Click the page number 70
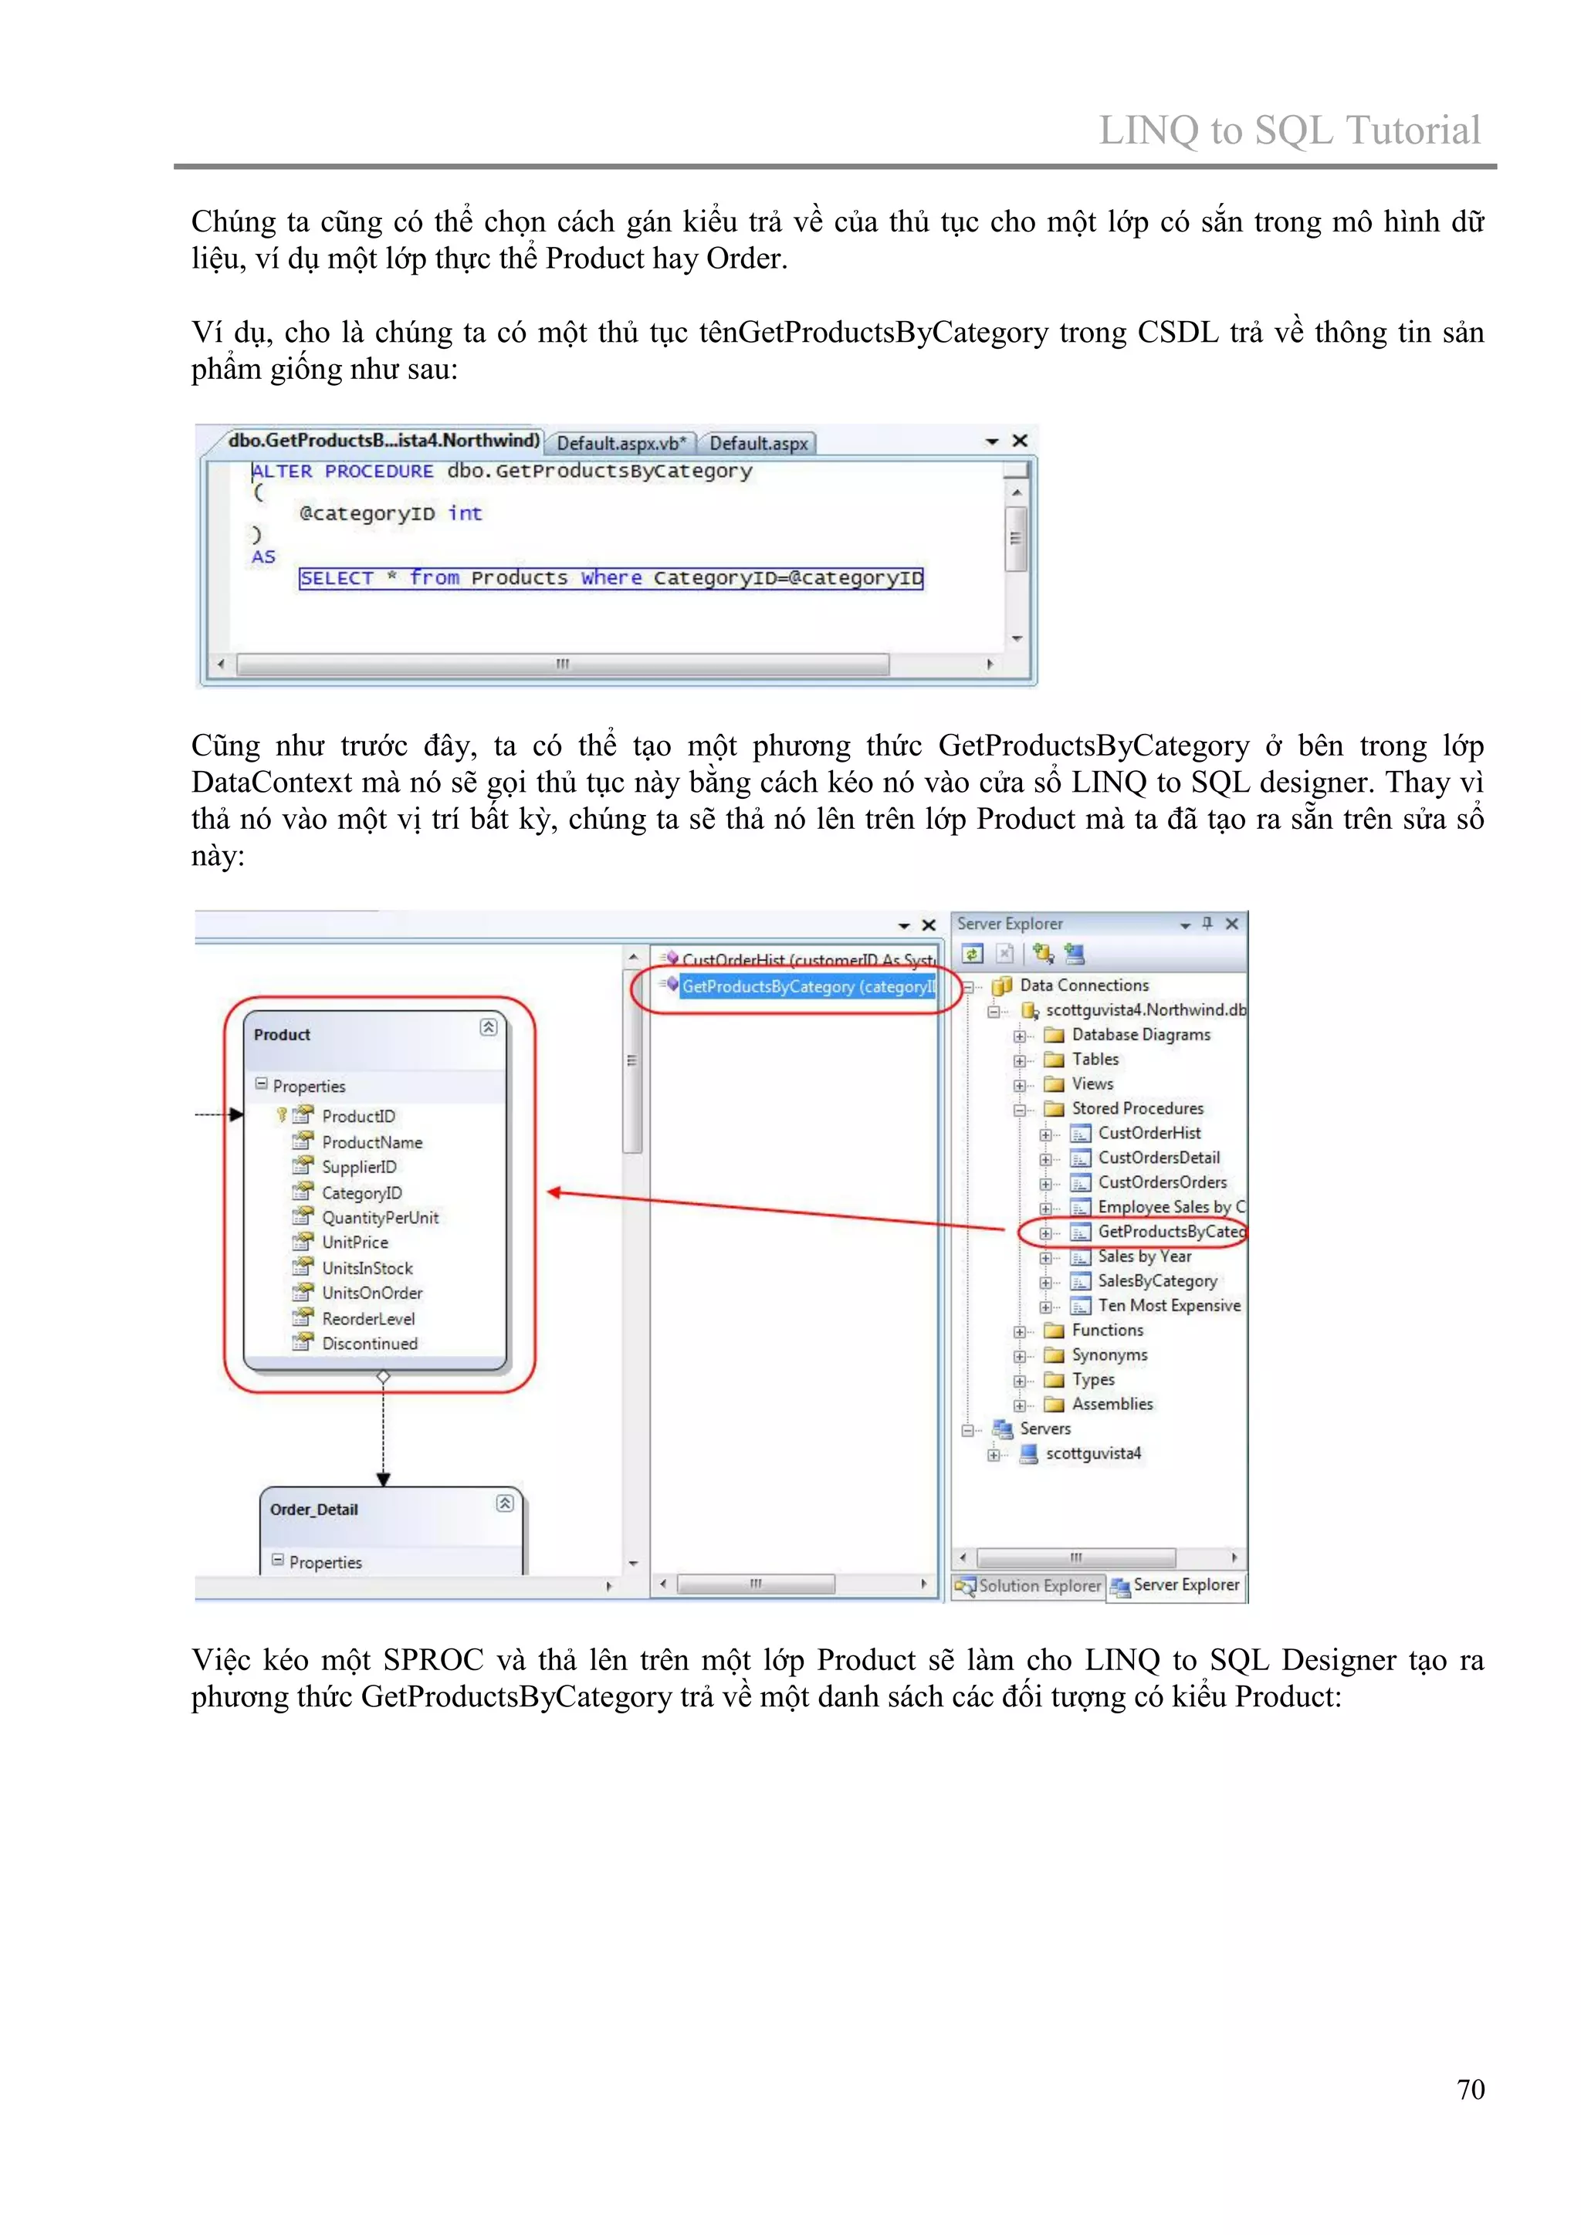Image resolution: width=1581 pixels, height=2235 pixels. point(1470,2089)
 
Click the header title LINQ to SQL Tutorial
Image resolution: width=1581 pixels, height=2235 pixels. point(1289,130)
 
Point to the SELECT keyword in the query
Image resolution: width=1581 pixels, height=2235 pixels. point(337,578)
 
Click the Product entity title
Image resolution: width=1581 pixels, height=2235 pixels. point(283,1035)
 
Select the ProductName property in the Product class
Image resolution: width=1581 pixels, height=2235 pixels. point(372,1142)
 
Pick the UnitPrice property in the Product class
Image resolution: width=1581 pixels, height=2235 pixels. point(354,1242)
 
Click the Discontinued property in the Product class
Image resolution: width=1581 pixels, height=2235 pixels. point(369,1344)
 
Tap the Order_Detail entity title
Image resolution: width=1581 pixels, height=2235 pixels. point(313,1510)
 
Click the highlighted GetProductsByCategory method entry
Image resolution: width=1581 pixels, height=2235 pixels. point(807,987)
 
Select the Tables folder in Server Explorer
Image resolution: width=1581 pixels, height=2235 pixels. point(1095,1059)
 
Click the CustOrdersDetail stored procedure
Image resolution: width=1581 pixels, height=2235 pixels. point(1159,1158)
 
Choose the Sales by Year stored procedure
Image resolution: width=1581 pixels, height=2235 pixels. point(1144,1256)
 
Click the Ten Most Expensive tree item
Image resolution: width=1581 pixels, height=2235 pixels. point(1168,1305)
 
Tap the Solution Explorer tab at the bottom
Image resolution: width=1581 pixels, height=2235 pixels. point(1031,1586)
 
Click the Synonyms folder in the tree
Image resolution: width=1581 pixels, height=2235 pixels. point(1109,1355)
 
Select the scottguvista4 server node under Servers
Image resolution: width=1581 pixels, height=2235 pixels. point(1092,1453)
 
